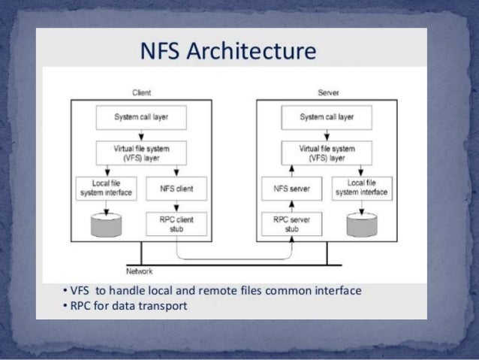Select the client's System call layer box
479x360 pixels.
coord(140,117)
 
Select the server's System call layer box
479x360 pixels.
coord(327,117)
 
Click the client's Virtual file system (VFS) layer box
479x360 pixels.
coord(140,154)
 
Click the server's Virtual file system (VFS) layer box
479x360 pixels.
coord(327,154)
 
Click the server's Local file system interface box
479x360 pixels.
coord(363,189)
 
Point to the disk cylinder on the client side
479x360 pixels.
coord(105,222)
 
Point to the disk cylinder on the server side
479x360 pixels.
coord(363,222)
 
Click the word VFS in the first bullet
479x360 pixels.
coord(80,290)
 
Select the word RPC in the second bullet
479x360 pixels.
coord(80,306)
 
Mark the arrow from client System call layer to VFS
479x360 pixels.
coord(140,134)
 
